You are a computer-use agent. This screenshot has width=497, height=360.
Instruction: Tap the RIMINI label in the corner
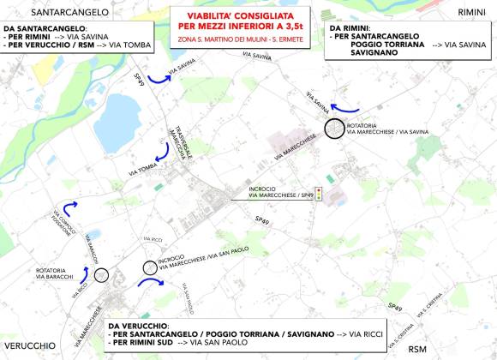(471, 12)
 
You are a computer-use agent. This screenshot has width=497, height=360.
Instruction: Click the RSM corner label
(417, 348)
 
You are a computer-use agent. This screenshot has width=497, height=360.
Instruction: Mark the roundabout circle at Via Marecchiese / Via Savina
(335, 129)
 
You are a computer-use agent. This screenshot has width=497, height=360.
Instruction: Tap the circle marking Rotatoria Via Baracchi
(102, 275)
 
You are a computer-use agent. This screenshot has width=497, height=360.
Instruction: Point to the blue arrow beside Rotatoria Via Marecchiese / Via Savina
(345, 106)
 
